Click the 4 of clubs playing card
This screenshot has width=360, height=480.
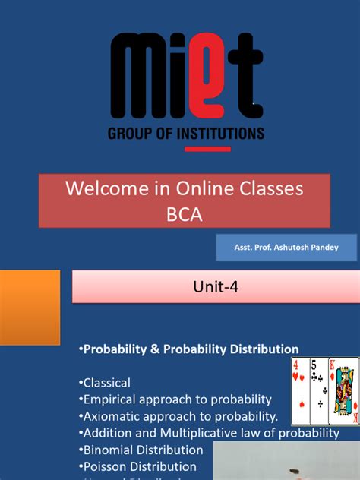[x=301, y=391]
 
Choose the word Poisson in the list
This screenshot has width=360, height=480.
[x=106, y=466]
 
